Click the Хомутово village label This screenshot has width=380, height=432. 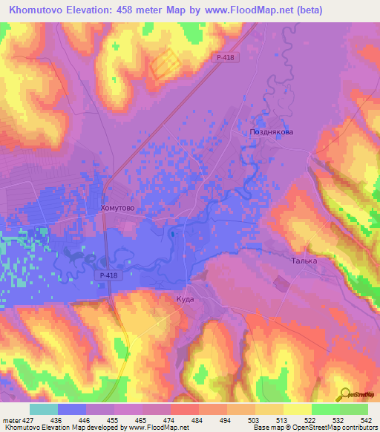pyautogui.click(x=117, y=209)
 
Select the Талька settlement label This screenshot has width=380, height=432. pyautogui.click(x=303, y=261)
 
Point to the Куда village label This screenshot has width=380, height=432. pyautogui.click(x=186, y=298)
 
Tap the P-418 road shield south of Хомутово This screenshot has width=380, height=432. pyautogui.click(x=107, y=275)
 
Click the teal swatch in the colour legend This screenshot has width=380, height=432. pyautogui.click(x=44, y=409)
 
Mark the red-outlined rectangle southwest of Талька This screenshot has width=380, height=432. pyautogui.click(x=282, y=283)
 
